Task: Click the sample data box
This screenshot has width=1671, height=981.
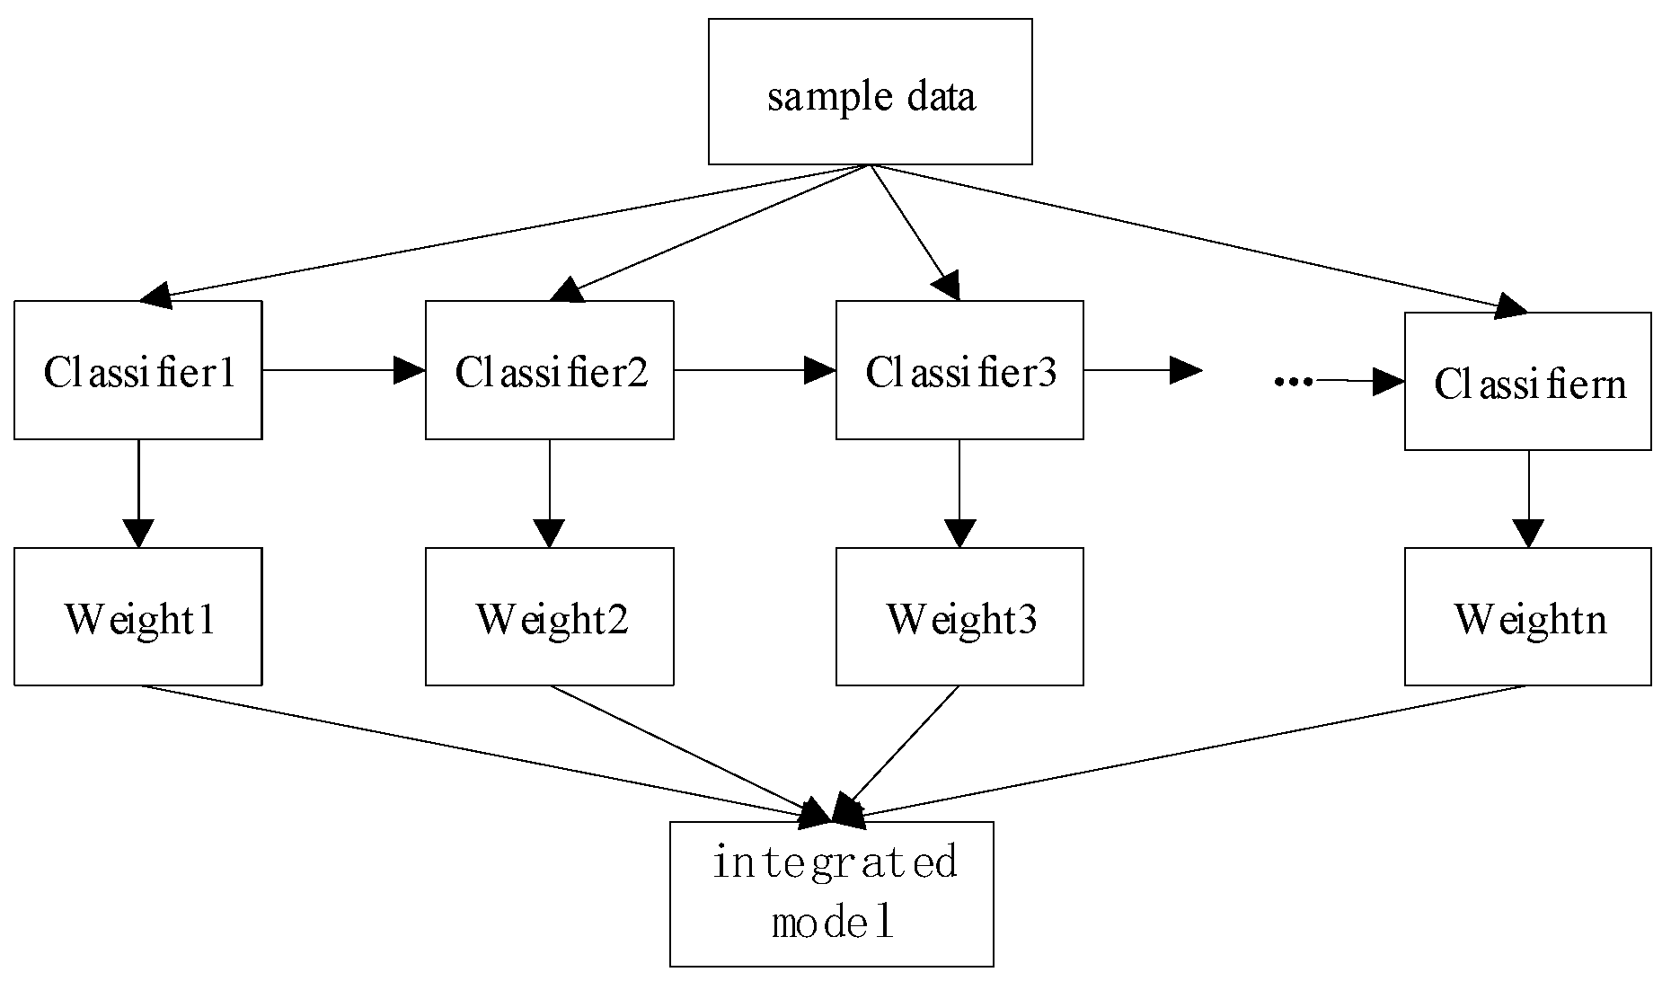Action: [x=870, y=93]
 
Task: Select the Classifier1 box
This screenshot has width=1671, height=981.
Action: [x=138, y=370]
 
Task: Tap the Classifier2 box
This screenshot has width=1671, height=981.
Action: [x=549, y=370]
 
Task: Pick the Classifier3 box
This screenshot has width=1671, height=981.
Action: [x=959, y=370]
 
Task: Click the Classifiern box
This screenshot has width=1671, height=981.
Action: [x=1527, y=382]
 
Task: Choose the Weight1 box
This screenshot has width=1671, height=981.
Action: [x=138, y=617]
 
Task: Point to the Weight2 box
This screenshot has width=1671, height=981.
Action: [x=549, y=617]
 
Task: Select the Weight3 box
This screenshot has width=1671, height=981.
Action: [x=959, y=617]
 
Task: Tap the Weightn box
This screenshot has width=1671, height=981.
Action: [x=1527, y=617]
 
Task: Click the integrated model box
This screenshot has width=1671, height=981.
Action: [x=832, y=894]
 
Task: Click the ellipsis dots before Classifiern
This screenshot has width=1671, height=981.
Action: [x=1294, y=382]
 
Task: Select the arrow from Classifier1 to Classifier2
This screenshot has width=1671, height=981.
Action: [x=341, y=370]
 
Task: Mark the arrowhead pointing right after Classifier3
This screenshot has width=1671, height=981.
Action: [x=1186, y=370]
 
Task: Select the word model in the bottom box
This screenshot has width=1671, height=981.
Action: [x=834, y=924]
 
